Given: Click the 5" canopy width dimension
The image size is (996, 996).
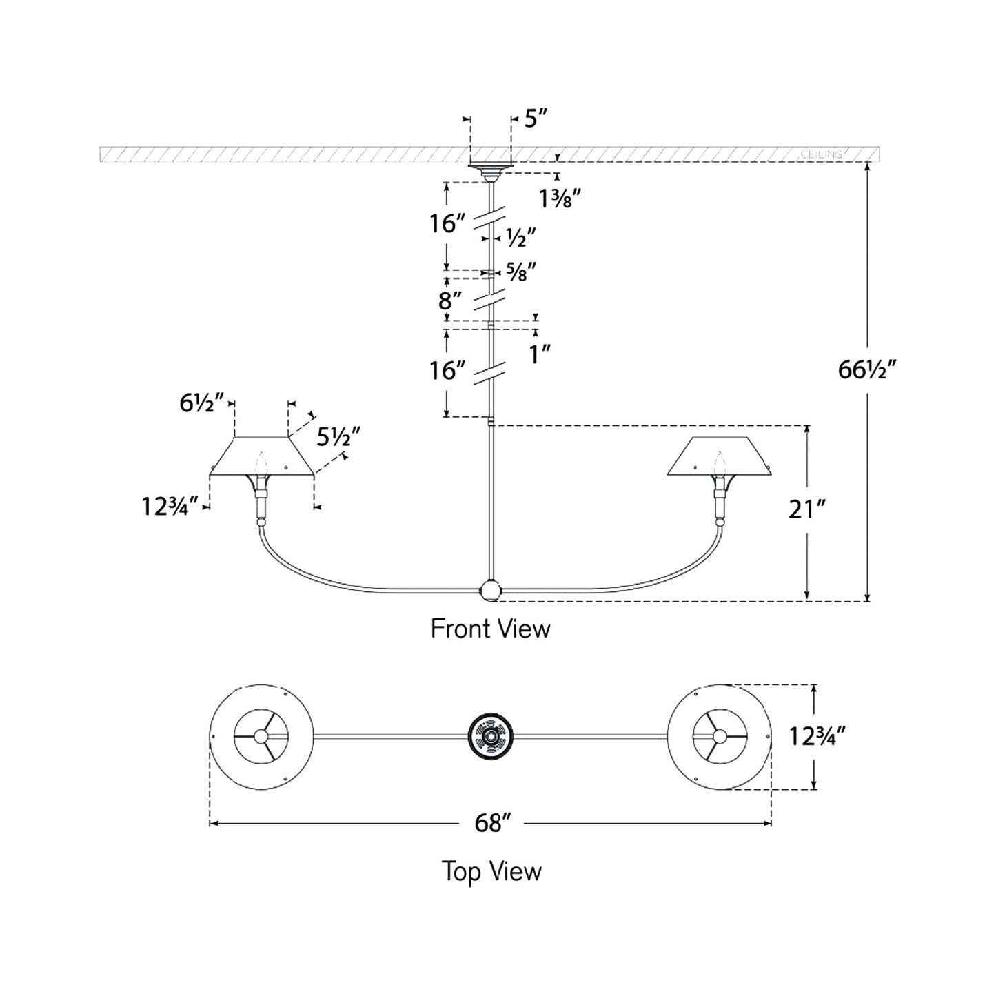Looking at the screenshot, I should (536, 119).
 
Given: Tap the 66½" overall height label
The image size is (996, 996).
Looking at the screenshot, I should (867, 370).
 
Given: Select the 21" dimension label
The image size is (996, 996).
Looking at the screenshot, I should (806, 510).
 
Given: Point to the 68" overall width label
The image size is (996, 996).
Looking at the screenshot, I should (492, 823).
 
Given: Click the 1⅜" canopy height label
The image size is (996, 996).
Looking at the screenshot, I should (560, 199).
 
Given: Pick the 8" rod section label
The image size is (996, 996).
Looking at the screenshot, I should (450, 301).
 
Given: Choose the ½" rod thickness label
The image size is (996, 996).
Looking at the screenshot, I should (521, 238).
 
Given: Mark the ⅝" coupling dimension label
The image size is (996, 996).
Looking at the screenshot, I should (521, 272).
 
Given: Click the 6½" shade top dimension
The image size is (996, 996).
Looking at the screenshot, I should (202, 403).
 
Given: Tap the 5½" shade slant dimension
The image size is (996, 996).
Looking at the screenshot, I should (338, 436).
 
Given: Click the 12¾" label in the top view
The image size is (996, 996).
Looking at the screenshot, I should (817, 737).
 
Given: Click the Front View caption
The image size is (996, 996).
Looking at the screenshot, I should (490, 629).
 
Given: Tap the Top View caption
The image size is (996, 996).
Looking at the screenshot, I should (491, 871).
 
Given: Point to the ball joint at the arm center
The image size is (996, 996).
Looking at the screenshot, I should (490, 590).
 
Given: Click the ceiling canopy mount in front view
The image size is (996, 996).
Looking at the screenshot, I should (490, 167).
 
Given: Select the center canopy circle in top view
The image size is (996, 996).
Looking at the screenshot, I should (490, 736).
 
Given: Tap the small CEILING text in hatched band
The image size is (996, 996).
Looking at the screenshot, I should (821, 154).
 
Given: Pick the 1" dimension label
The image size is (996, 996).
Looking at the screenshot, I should (540, 355).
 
